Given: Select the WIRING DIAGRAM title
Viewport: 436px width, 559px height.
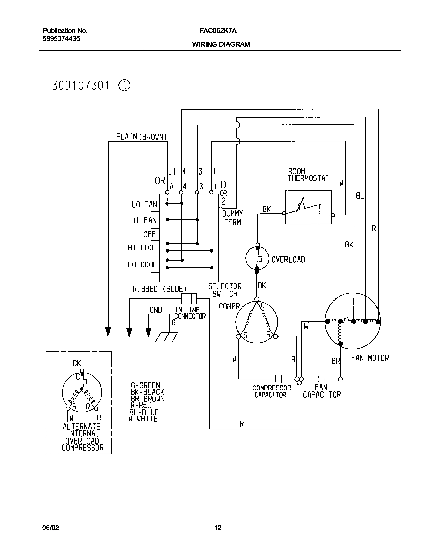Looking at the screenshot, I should [221, 44].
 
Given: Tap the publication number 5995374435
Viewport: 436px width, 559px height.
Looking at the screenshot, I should [61, 39].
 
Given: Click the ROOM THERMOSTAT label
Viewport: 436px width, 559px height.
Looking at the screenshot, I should [308, 175].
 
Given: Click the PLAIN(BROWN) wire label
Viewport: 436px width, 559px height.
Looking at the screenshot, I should [141, 137].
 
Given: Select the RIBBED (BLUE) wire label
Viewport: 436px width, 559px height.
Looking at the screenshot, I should [159, 289].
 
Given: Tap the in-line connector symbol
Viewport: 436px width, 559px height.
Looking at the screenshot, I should [189, 299].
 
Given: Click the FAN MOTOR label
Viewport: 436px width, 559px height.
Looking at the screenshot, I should [370, 358].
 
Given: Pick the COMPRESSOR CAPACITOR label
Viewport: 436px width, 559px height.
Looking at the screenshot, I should [271, 391].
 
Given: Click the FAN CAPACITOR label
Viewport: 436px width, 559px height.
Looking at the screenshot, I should [322, 391].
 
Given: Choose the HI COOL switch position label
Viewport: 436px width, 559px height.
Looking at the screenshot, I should [143, 248].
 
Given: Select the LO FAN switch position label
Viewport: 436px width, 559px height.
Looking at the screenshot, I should [144, 205].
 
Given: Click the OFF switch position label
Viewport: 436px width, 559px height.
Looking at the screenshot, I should [150, 234].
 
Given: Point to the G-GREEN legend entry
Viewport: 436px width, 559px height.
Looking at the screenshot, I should [145, 385].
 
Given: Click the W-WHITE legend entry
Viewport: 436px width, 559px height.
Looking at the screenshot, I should [143, 419].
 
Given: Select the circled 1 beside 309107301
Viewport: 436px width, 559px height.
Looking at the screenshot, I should [124, 86].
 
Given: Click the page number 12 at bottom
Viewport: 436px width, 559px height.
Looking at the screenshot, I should [218, 527].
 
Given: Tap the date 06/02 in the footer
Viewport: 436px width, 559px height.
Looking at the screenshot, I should [51, 528].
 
